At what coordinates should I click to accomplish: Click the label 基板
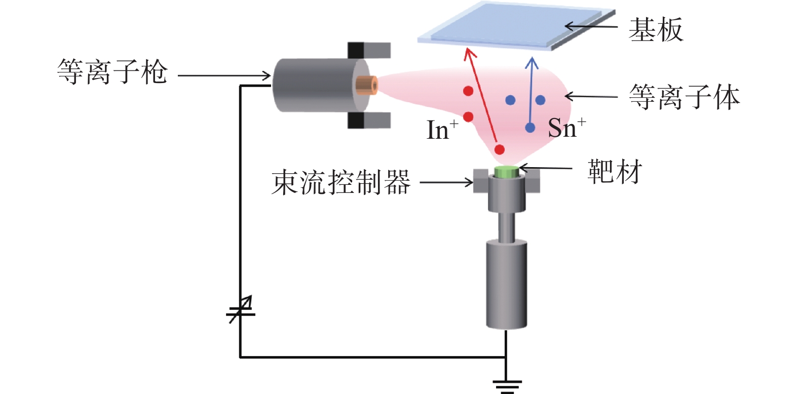click(656, 29)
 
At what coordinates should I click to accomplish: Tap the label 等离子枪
click(112, 71)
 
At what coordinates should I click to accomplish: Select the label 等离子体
click(685, 97)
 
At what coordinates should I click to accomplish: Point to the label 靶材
click(615, 172)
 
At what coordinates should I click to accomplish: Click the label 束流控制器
click(341, 182)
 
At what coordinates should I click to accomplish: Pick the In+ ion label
click(442, 129)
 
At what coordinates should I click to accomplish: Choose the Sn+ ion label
click(566, 128)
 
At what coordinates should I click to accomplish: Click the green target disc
click(506, 172)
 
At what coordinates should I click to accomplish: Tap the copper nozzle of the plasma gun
click(367, 86)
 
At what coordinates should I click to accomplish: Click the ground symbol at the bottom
click(507, 386)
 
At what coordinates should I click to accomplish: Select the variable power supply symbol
click(241, 309)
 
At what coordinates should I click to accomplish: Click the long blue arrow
click(531, 94)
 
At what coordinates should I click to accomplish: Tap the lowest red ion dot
click(500, 149)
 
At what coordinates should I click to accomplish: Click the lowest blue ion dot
click(530, 128)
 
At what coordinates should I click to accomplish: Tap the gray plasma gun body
click(321, 86)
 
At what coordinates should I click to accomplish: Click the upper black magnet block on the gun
click(356, 50)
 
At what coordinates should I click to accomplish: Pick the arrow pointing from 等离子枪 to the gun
click(224, 75)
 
